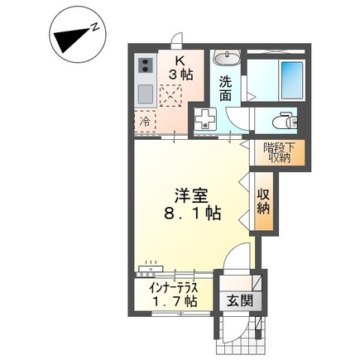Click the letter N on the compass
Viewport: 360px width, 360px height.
pyautogui.click(x=96, y=28)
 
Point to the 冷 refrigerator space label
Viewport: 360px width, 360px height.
pyautogui.click(x=144, y=122)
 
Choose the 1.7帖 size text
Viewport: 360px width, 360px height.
pyautogui.click(x=173, y=302)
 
